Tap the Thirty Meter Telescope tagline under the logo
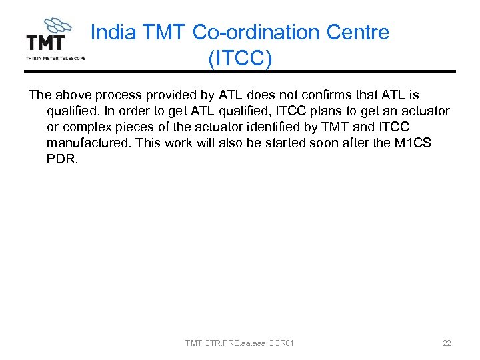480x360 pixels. click(56, 58)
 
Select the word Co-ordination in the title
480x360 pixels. click(251, 32)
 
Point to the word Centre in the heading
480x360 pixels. click(355, 32)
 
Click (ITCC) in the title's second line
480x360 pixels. click(240, 59)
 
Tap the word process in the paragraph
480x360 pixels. click(106, 95)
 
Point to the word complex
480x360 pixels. click(85, 127)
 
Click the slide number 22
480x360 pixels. click(447, 343)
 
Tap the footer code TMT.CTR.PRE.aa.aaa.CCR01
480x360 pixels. click(240, 343)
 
